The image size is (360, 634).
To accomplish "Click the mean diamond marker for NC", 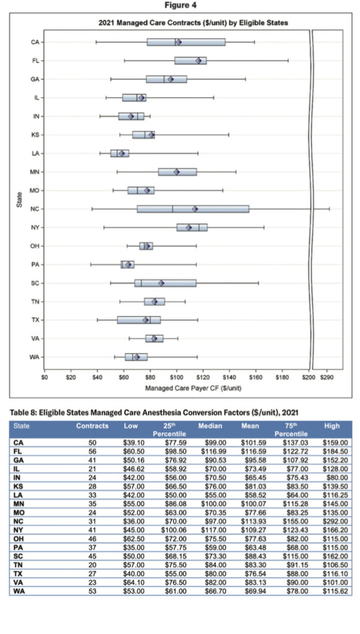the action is tap(195, 209).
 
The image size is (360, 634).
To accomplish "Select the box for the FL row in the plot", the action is tap(190, 61).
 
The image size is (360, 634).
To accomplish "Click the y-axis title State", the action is tap(19, 200).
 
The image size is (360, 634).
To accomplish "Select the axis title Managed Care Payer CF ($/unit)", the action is tap(193, 388).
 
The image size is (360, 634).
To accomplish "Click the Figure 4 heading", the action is tap(180, 5).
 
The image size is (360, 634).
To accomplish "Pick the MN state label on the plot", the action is tap(35, 172).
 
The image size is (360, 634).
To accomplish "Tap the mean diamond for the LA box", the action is tap(121, 154).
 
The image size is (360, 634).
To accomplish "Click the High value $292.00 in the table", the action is tap(335, 521).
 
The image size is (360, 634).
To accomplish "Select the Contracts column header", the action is tap(92, 426).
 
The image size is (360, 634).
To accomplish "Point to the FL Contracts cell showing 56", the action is tap(92, 451).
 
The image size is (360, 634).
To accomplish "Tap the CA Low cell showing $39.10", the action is tap(134, 442).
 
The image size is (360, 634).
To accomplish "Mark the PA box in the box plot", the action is tap(128, 265).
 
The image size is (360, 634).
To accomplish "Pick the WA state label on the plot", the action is tap(35, 357).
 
